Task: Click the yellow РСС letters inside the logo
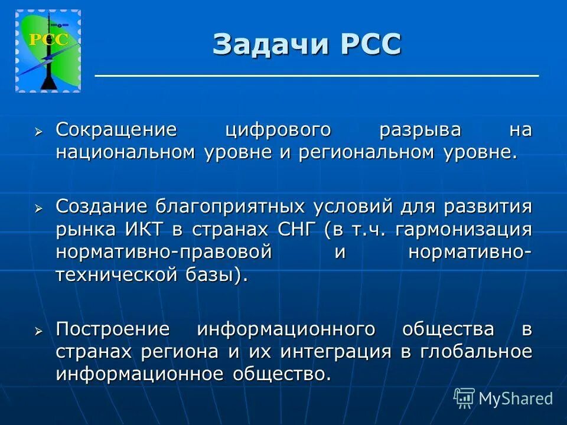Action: [x=48, y=40]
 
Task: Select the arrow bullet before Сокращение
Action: [x=39, y=130]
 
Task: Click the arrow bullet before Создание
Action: [x=39, y=208]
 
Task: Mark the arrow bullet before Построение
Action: [x=39, y=331]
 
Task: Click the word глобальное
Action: [x=476, y=352]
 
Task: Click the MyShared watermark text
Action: [x=515, y=399]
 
